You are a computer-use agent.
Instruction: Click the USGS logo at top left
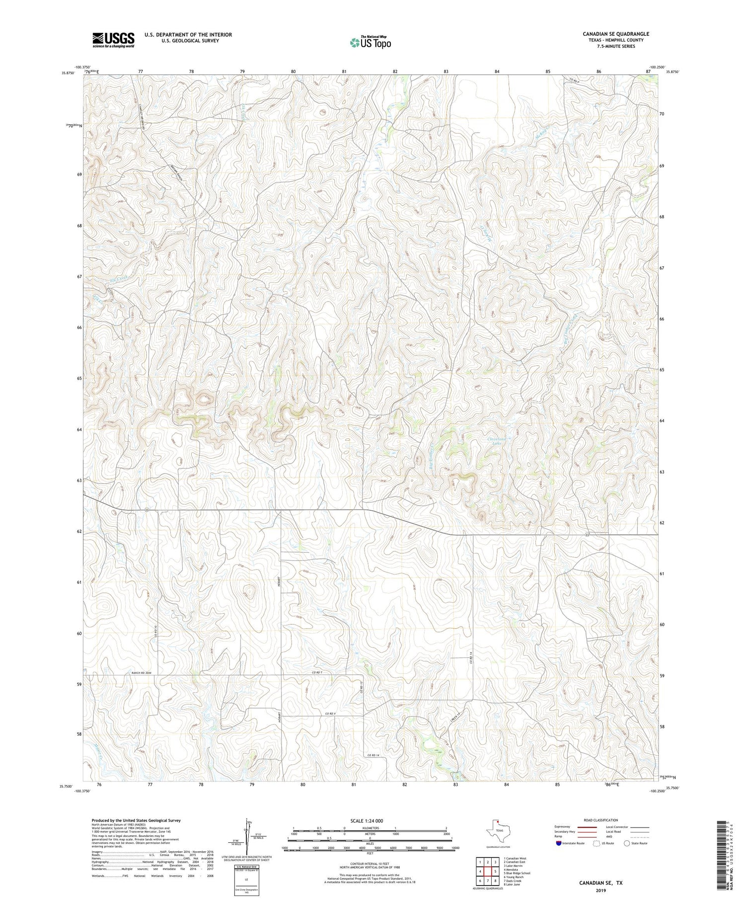point(113,40)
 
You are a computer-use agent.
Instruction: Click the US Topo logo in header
point(371,43)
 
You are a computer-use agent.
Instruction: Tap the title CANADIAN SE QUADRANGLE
point(616,34)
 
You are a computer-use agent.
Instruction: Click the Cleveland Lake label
point(497,442)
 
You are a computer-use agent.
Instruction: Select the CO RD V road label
point(331,714)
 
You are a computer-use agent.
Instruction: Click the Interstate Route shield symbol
point(559,843)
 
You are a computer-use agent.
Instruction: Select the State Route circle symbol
point(627,843)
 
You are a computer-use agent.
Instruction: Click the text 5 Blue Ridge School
point(517,873)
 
